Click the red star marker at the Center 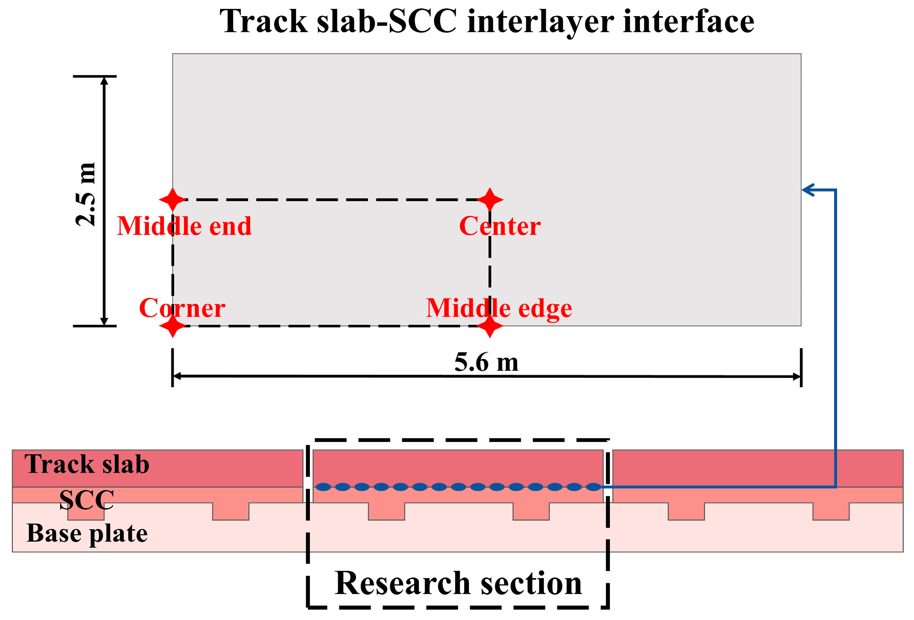click(489, 199)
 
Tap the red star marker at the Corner click(173, 325)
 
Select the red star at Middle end click(173, 199)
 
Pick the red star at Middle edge click(489, 325)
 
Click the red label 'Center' click(499, 226)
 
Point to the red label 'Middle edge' click(499, 308)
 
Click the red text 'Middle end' click(184, 226)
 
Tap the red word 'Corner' click(182, 308)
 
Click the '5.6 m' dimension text click(486, 362)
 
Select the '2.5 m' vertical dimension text click(86, 194)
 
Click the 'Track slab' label click(86, 464)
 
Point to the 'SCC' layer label click(86, 500)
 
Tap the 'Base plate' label click(86, 533)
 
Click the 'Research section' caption click(458, 583)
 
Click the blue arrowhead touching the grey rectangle click(807, 190)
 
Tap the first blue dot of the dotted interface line click(323, 487)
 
